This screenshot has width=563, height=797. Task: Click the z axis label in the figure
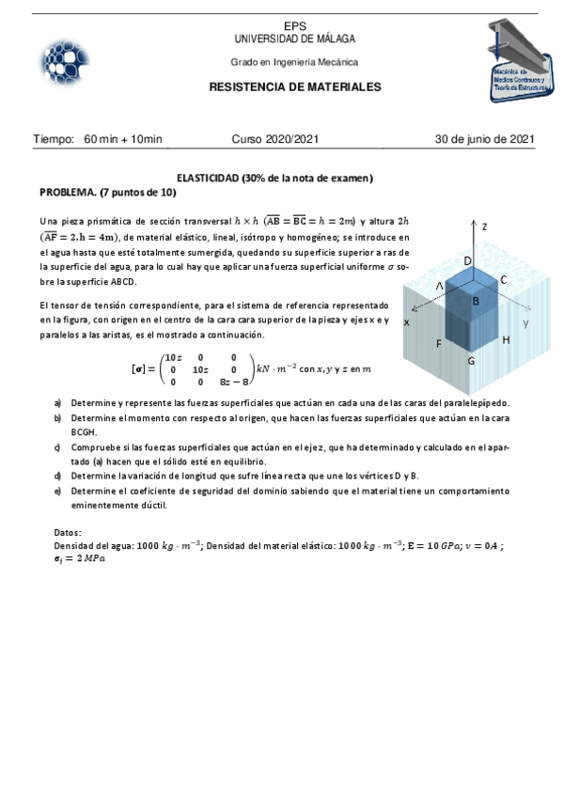[x=484, y=227]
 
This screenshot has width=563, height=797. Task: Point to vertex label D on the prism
[x=467, y=259]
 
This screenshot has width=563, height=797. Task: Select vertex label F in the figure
[x=439, y=344]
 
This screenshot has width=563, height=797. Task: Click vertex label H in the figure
[x=506, y=339]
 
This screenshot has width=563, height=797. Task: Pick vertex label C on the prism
[x=503, y=280]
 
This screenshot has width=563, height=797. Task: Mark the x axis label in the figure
[x=406, y=322]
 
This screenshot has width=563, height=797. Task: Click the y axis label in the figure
[x=526, y=322]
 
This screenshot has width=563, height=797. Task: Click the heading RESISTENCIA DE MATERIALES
[x=294, y=86]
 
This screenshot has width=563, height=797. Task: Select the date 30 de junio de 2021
[x=484, y=139]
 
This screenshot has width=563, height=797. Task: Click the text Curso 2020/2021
[x=275, y=139]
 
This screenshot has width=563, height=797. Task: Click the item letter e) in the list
[x=58, y=492]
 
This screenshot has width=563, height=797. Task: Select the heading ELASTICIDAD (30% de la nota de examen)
[x=275, y=178]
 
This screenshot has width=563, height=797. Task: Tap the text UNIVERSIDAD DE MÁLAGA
[x=294, y=39]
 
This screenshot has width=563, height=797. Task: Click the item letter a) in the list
[x=58, y=402]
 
